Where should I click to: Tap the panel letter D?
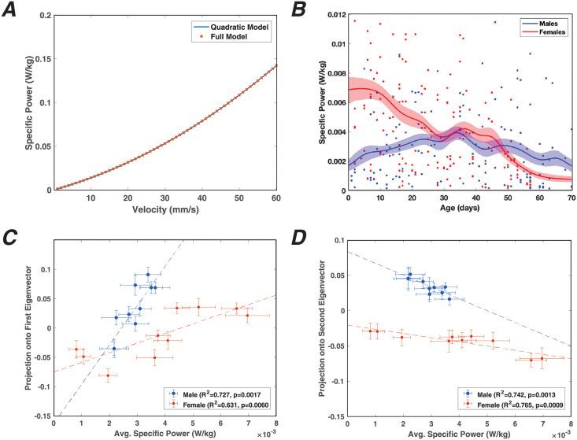[300, 238]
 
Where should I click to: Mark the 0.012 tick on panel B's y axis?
[335, 16]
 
